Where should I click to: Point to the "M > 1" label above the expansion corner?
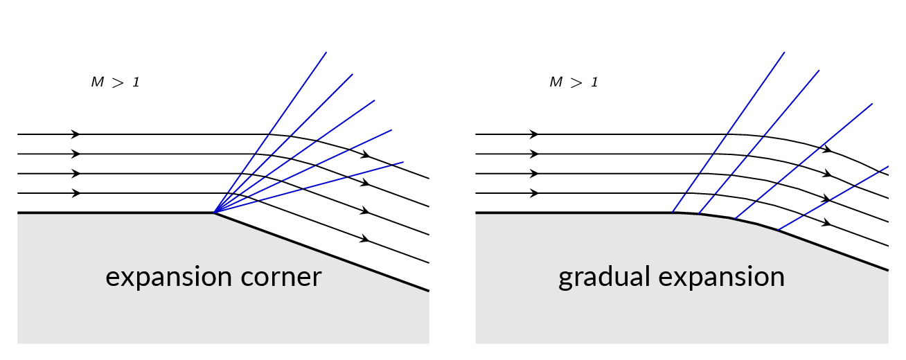[x=115, y=82]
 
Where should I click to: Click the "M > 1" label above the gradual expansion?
[x=574, y=82]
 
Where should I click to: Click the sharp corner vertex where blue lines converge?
[x=214, y=213]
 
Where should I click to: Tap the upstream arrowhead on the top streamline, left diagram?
[x=75, y=134]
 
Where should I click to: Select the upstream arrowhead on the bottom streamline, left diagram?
[x=75, y=193]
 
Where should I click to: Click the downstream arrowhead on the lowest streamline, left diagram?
[x=365, y=239]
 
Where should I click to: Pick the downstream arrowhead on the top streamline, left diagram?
[x=366, y=154]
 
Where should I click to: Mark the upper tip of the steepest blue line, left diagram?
[x=326, y=52]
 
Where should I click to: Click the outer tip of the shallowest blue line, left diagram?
[x=403, y=162]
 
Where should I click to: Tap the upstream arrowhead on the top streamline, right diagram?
[x=534, y=134]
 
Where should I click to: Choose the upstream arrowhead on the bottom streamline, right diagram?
[x=534, y=193]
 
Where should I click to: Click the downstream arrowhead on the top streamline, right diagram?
[x=827, y=149]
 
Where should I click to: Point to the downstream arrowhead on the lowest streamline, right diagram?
[x=826, y=223]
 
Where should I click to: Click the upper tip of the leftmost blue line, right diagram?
[x=785, y=52]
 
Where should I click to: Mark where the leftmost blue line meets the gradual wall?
[x=672, y=213]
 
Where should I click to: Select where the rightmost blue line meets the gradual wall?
[x=777, y=231]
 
